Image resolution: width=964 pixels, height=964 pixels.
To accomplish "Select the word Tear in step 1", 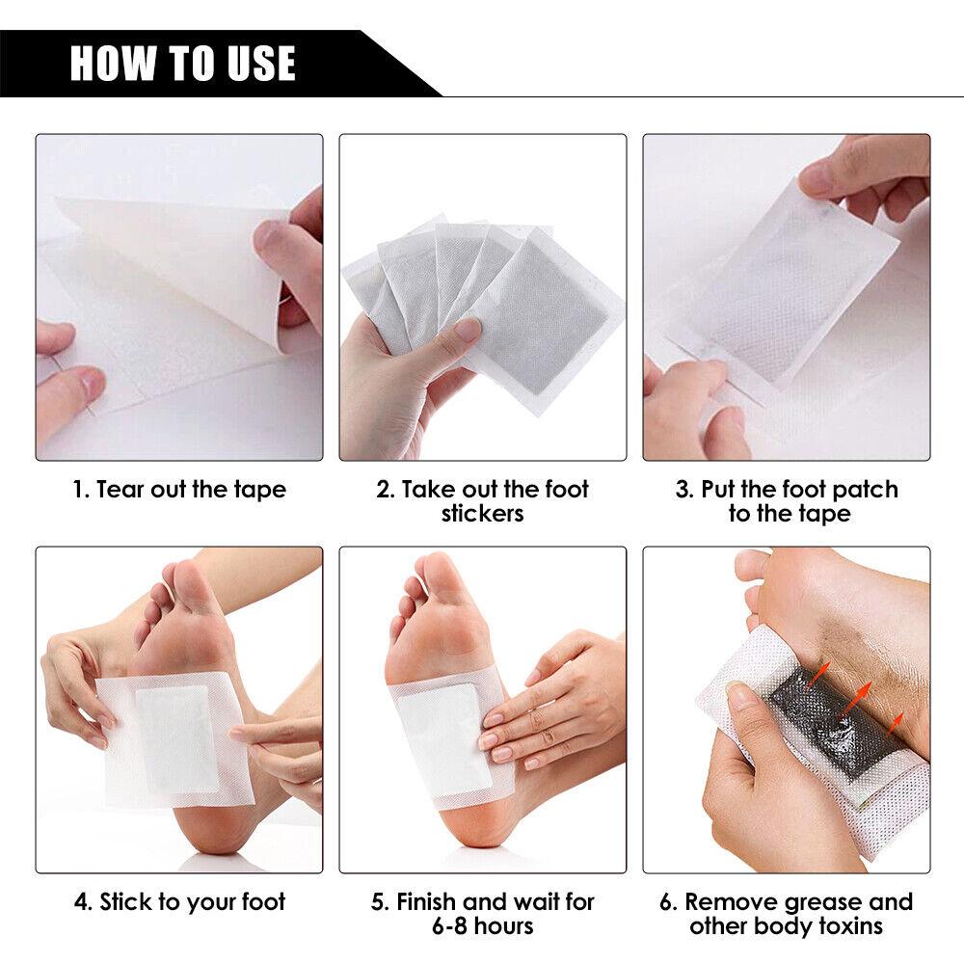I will click(119, 490).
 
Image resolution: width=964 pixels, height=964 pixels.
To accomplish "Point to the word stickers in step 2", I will click(482, 514).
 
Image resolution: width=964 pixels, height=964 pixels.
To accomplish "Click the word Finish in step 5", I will click(427, 903).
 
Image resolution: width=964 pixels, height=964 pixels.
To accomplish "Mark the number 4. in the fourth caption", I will click(83, 903).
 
